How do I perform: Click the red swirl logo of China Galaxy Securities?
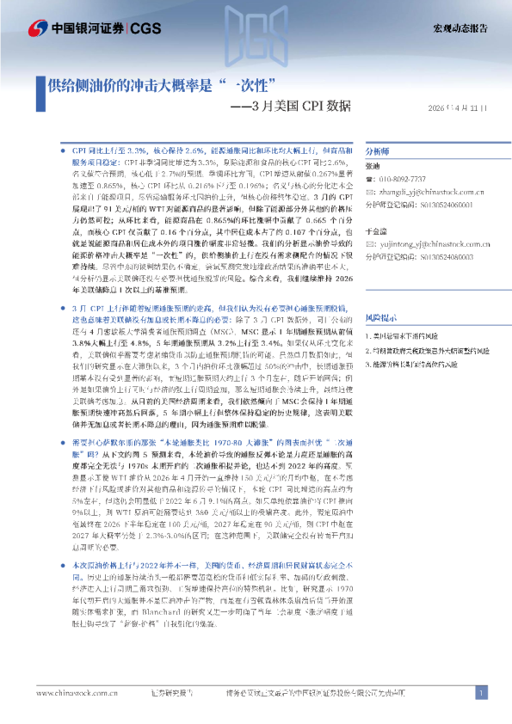pyautogui.click(x=36, y=28)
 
